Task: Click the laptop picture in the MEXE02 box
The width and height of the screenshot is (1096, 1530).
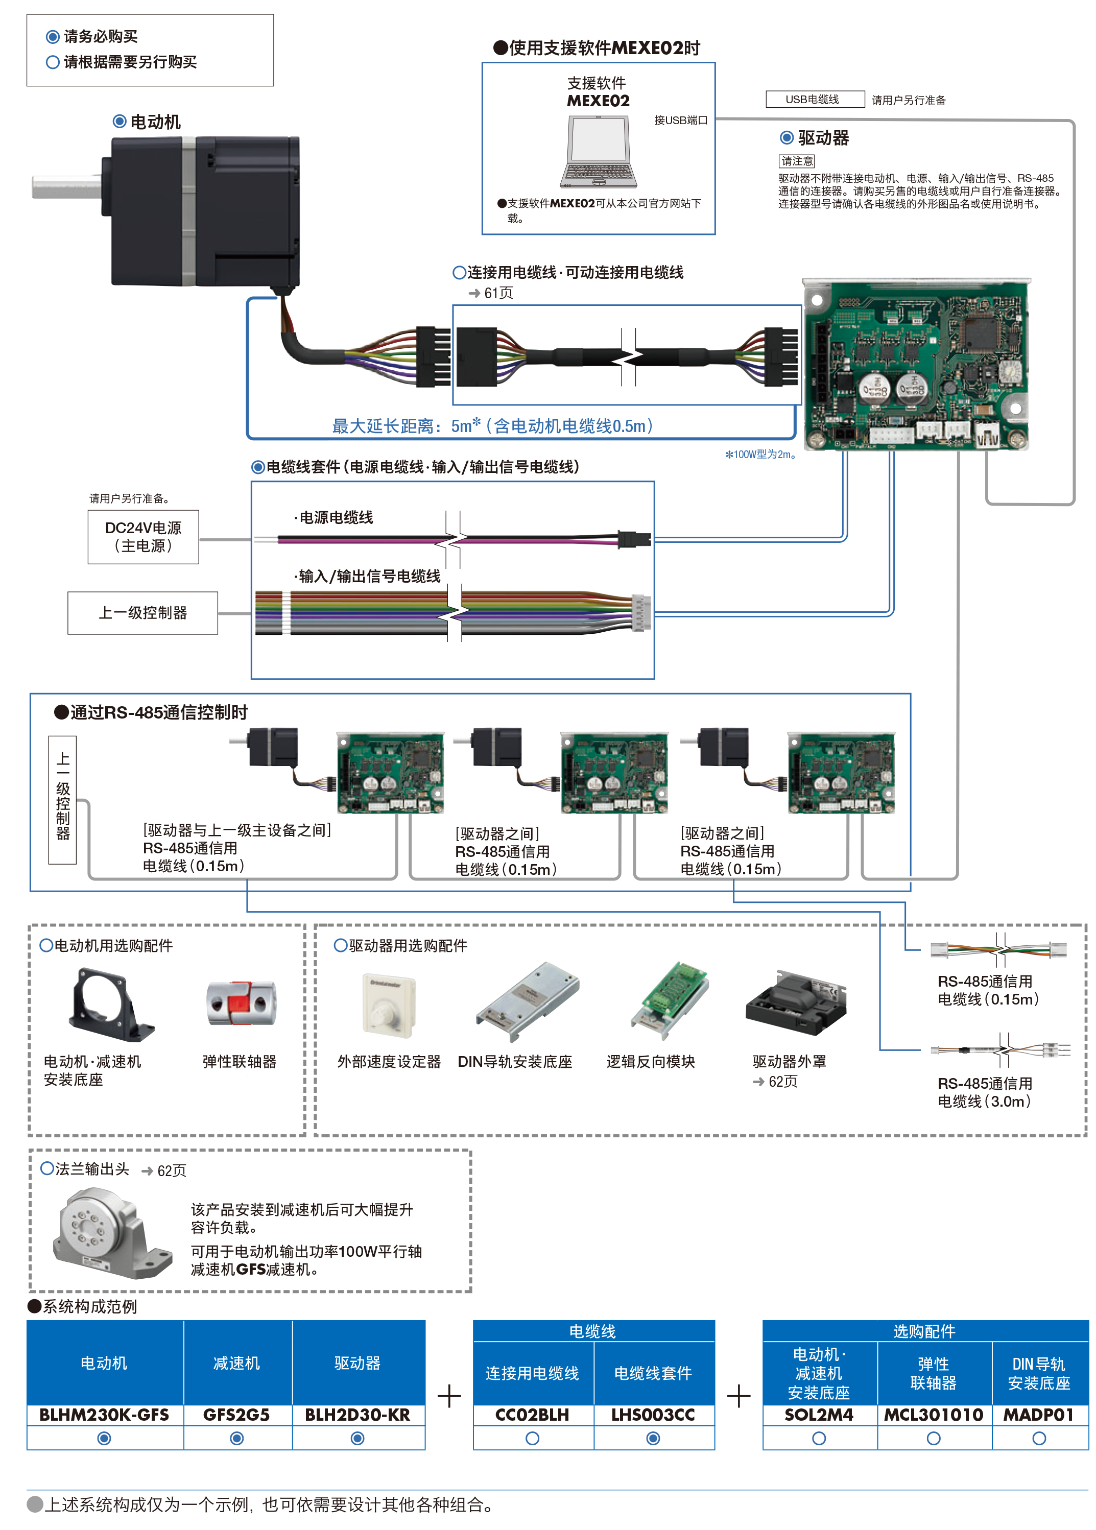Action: [598, 151]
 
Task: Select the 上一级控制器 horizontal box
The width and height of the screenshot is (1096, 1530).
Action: [142, 612]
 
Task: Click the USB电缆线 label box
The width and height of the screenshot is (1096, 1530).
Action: [814, 99]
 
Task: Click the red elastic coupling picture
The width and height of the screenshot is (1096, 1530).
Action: [241, 1003]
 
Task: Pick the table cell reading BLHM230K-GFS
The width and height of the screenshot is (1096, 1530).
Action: [105, 1414]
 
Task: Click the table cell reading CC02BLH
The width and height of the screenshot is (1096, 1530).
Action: [532, 1414]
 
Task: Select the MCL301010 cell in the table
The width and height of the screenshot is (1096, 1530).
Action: [934, 1414]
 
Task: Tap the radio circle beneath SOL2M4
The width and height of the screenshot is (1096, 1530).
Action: [819, 1438]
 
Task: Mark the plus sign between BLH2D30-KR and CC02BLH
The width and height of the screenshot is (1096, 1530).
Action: [449, 1396]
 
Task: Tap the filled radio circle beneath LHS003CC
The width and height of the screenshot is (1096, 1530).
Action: [653, 1438]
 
